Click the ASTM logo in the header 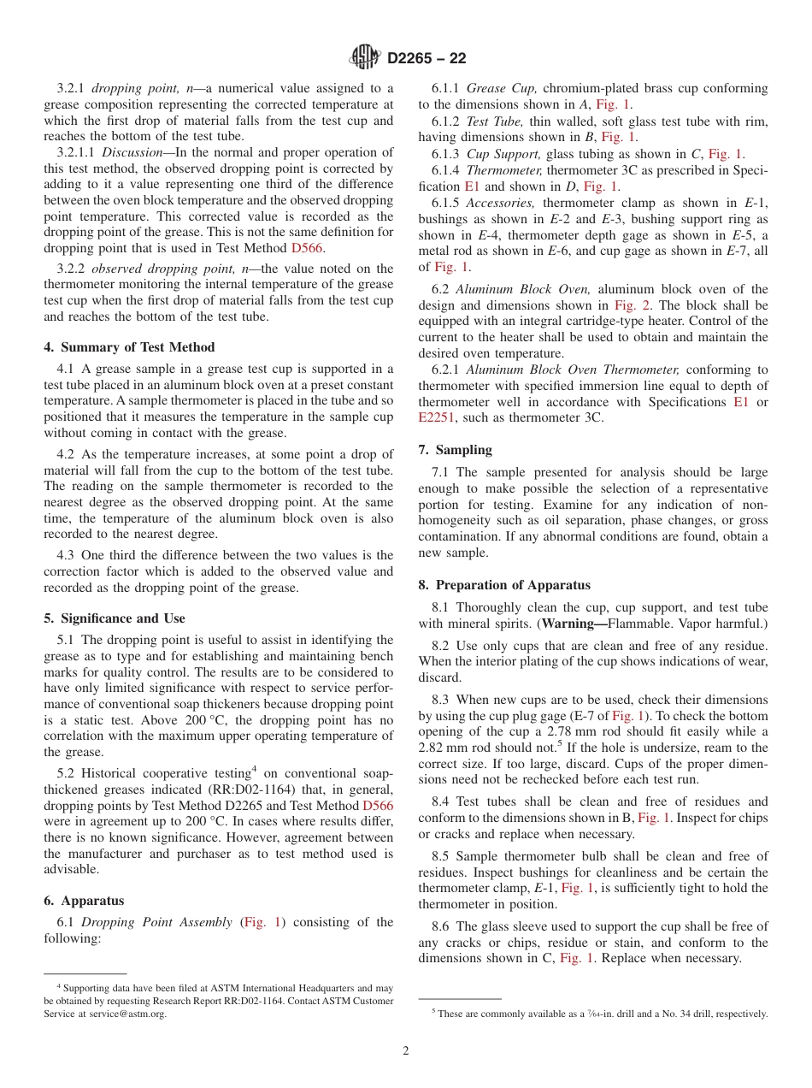pos(365,58)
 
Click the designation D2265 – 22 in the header pos(427,59)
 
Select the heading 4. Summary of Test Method pos(129,347)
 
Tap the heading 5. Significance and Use pos(114,618)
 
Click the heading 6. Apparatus pos(83,901)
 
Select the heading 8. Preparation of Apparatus pos(504,585)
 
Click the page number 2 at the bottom pos(405,1051)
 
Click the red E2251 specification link pos(436,417)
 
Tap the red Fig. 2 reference pos(627,305)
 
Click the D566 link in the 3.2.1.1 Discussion pos(307,248)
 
